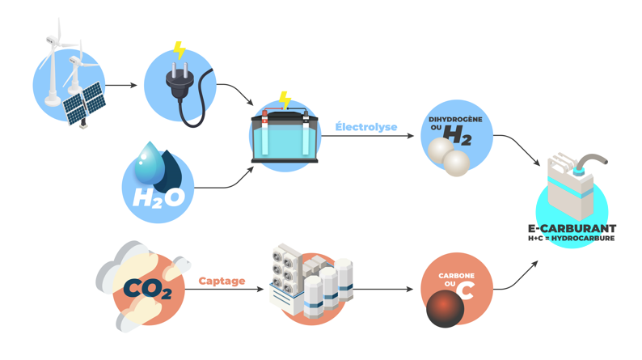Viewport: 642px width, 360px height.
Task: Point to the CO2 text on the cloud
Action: click(x=147, y=287)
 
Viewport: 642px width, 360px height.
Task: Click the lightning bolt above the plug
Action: click(x=180, y=51)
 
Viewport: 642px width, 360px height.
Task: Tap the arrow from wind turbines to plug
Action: click(x=121, y=85)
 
